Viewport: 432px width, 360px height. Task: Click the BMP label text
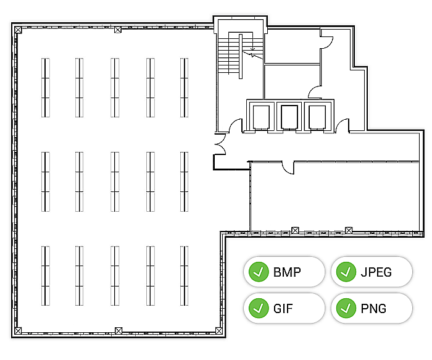tap(287, 272)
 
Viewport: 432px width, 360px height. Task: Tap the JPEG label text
tap(376, 272)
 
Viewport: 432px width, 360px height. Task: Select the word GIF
tap(283, 309)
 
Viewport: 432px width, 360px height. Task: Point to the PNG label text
tap(373, 309)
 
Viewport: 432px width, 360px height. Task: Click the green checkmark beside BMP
tap(259, 272)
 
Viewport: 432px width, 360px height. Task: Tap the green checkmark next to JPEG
tap(346, 272)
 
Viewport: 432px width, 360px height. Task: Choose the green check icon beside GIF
tap(259, 308)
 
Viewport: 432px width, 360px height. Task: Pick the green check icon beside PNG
tap(346, 308)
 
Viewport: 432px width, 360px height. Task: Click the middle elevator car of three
tap(289, 117)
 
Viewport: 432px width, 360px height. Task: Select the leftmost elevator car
tap(261, 117)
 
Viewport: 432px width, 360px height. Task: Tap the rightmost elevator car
tap(317, 117)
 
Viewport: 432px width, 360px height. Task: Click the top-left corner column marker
tap(18, 30)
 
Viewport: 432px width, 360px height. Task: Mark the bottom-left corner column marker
tap(18, 331)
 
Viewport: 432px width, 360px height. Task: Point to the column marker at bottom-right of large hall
tap(219, 331)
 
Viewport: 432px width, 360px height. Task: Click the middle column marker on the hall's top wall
tap(118, 30)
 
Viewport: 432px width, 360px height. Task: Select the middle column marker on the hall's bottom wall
tap(118, 331)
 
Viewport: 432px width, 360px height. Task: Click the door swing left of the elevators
tap(236, 126)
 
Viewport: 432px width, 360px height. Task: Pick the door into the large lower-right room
tap(288, 168)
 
